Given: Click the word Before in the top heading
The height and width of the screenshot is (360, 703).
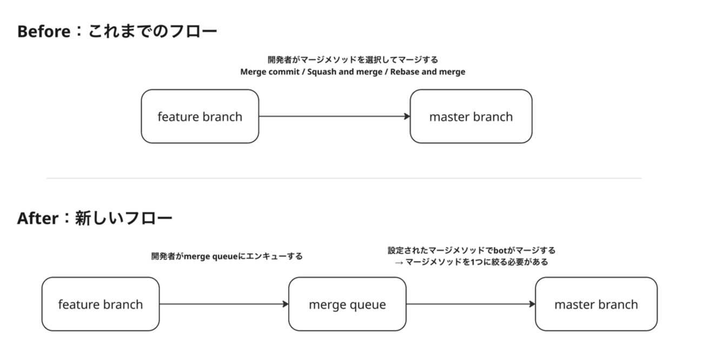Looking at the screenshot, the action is (x=44, y=32).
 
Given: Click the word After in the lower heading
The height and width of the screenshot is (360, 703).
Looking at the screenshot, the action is (x=38, y=218).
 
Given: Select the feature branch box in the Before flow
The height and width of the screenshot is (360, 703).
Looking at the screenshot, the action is (x=200, y=116).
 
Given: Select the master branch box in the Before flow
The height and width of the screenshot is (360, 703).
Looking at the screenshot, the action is (x=471, y=116).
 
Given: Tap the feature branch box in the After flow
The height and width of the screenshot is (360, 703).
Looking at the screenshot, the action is (x=101, y=304).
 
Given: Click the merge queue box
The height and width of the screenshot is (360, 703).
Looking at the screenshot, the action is (x=347, y=304).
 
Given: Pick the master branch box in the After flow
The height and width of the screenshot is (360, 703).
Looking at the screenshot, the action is (x=596, y=304).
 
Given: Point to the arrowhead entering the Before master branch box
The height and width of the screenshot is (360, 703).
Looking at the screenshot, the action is (x=407, y=116).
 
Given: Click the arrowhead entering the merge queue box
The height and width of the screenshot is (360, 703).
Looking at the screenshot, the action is (x=286, y=304).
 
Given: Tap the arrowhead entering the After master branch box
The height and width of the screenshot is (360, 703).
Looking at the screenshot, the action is (x=533, y=304).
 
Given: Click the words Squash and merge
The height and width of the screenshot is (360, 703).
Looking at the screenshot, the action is (x=344, y=72).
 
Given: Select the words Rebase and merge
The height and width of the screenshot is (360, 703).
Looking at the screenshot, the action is (x=428, y=72).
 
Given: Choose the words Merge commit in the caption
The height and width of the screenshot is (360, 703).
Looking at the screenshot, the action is (x=270, y=72).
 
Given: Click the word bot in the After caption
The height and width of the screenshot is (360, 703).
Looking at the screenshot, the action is (x=500, y=251).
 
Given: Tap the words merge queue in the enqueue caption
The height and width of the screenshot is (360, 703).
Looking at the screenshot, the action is (x=210, y=257).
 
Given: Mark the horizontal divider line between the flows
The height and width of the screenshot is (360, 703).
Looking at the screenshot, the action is (x=344, y=178).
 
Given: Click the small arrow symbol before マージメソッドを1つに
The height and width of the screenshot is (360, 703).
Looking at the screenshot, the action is (x=399, y=263).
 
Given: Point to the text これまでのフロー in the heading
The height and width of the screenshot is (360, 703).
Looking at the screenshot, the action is (x=152, y=31).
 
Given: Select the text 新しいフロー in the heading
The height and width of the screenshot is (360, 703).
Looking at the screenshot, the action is (x=124, y=218).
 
